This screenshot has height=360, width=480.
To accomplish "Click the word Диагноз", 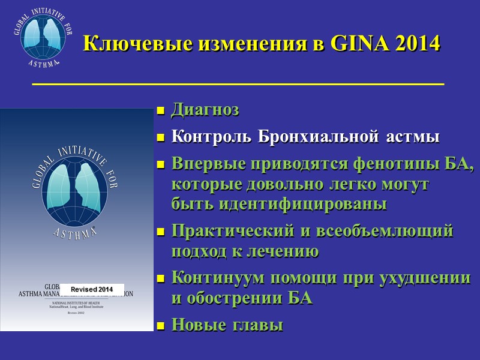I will (x=205, y=110).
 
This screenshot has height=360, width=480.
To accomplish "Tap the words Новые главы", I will (x=227, y=325).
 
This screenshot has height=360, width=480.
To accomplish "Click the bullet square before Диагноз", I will (x=160, y=111).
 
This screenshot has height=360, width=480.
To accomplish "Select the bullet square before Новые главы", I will (x=160, y=326).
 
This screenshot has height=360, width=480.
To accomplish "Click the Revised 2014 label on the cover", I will (x=92, y=289).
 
